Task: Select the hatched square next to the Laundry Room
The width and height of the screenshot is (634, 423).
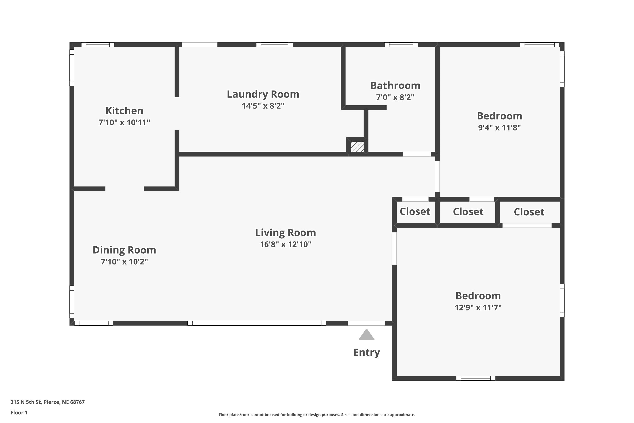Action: (x=357, y=147)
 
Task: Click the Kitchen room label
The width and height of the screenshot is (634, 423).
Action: (x=124, y=111)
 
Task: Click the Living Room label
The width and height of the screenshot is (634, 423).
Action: (x=286, y=232)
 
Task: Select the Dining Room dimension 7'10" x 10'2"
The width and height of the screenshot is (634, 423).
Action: (x=124, y=261)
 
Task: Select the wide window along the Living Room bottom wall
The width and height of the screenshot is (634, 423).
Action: (x=257, y=323)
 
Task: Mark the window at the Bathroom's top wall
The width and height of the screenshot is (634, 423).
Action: (x=401, y=45)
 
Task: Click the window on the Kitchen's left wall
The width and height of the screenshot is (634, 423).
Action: (x=72, y=67)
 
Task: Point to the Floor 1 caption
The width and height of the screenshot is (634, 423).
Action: (x=19, y=412)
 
